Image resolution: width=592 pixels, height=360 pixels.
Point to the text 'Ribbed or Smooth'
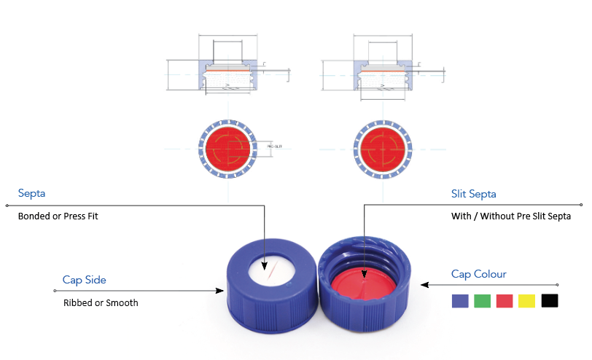(100, 302)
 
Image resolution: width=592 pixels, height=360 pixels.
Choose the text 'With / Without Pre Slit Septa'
(511, 216)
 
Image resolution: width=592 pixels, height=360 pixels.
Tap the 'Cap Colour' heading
(478, 274)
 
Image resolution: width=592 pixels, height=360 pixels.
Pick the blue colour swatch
(460, 300)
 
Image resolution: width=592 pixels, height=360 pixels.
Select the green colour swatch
(482, 300)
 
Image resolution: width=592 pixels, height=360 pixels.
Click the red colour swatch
(505, 300)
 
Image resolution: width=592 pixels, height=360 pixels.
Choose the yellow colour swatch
(526, 300)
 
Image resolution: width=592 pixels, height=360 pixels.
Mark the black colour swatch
(549, 300)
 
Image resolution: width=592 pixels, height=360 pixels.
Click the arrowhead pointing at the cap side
(219, 291)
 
